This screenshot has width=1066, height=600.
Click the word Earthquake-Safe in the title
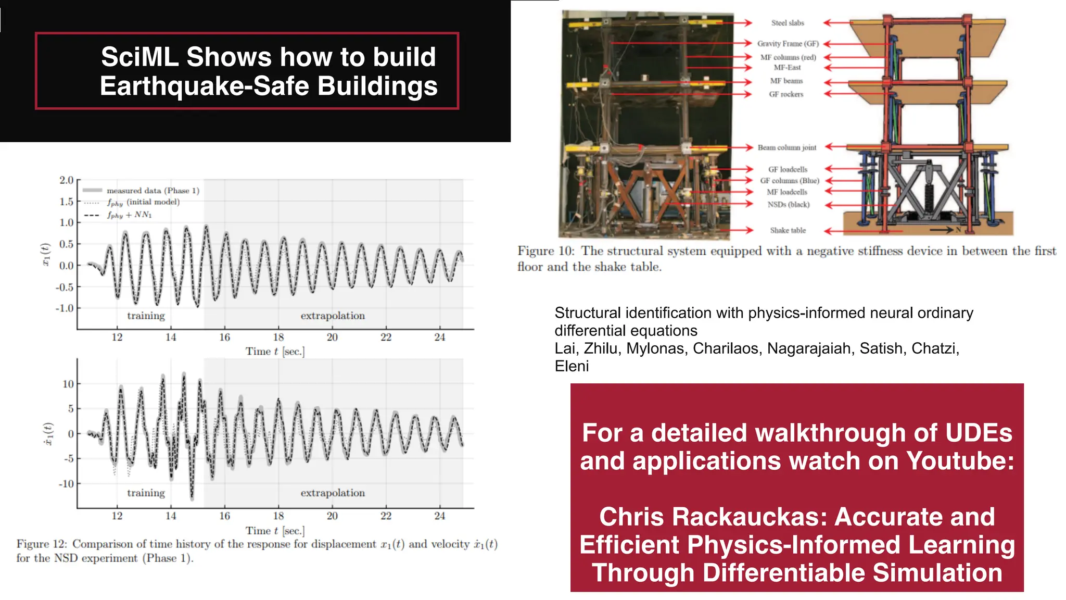[205, 86]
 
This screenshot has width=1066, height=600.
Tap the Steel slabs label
[788, 23]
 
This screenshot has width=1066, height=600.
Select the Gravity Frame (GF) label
[788, 44]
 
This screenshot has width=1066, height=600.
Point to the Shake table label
[788, 230]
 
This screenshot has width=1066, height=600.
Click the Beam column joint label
[786, 147]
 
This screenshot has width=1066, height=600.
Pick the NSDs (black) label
[788, 205]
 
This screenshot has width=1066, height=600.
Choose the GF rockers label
[786, 94]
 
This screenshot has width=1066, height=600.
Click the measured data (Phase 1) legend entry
[153, 191]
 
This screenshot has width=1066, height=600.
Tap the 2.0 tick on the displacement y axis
[66, 180]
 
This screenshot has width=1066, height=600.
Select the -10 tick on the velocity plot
[66, 484]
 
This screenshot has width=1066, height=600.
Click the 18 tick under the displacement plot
[278, 337]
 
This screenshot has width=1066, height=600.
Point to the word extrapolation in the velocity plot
[333, 493]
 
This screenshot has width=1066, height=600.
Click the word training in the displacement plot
[146, 316]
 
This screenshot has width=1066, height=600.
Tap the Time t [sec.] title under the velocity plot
[275, 531]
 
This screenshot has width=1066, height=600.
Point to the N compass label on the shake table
[958, 230]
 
